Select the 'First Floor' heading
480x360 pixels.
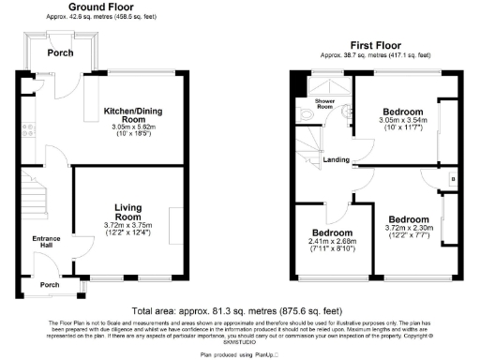(x=377, y=44)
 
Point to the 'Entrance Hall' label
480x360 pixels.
(x=45, y=244)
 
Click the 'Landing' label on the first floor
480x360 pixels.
(x=337, y=159)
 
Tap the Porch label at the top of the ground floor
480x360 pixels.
(x=61, y=53)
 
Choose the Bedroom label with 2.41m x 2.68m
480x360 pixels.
(x=332, y=232)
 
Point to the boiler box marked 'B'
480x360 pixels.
(x=453, y=178)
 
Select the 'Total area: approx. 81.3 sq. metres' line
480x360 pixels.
(x=239, y=310)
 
